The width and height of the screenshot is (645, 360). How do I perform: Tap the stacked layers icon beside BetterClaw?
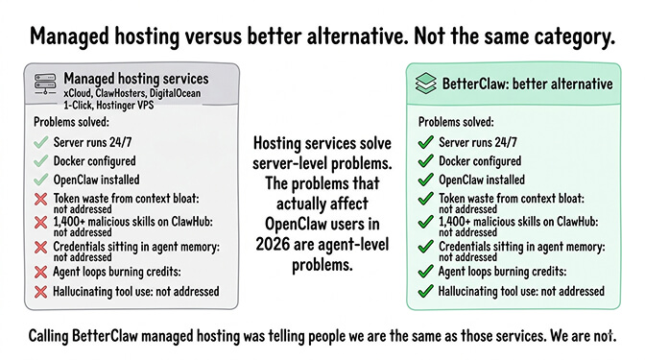[429, 83]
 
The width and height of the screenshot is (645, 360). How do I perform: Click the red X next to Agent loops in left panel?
[40, 271]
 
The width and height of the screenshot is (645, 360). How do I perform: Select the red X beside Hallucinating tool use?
[40, 291]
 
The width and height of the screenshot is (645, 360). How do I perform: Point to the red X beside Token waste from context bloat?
[40, 201]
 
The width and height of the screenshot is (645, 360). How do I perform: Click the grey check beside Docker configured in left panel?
[40, 160]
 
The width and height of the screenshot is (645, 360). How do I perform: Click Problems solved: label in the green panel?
[450, 123]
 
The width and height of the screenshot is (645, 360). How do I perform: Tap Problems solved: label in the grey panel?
[65, 123]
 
